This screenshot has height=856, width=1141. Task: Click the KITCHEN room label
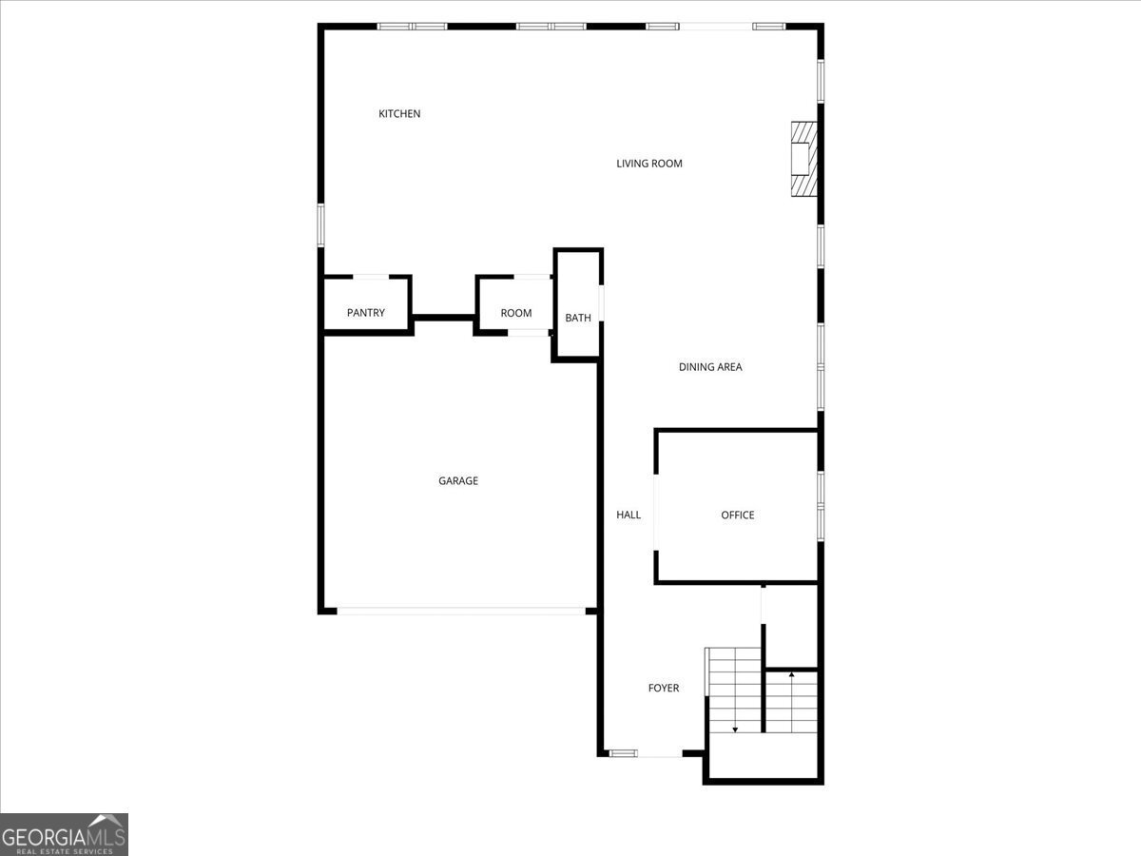tap(399, 114)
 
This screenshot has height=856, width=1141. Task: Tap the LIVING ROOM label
tap(649, 164)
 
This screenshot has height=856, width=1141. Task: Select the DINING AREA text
tap(710, 367)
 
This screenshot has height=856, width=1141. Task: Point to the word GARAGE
tap(458, 481)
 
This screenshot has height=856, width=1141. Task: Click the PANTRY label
tap(366, 313)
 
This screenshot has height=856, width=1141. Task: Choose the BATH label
tap(578, 318)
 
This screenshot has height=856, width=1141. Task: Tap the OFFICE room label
tap(738, 516)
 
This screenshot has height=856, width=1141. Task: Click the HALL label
tap(629, 516)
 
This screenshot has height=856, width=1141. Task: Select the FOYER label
tap(664, 688)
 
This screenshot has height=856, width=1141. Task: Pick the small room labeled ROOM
tap(516, 313)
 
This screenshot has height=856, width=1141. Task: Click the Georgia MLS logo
tap(64, 834)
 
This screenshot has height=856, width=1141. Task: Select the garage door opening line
tap(461, 612)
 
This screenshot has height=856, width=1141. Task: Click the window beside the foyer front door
tap(624, 753)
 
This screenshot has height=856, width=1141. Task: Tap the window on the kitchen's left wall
tap(321, 224)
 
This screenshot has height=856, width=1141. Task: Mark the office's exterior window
tap(821, 506)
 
